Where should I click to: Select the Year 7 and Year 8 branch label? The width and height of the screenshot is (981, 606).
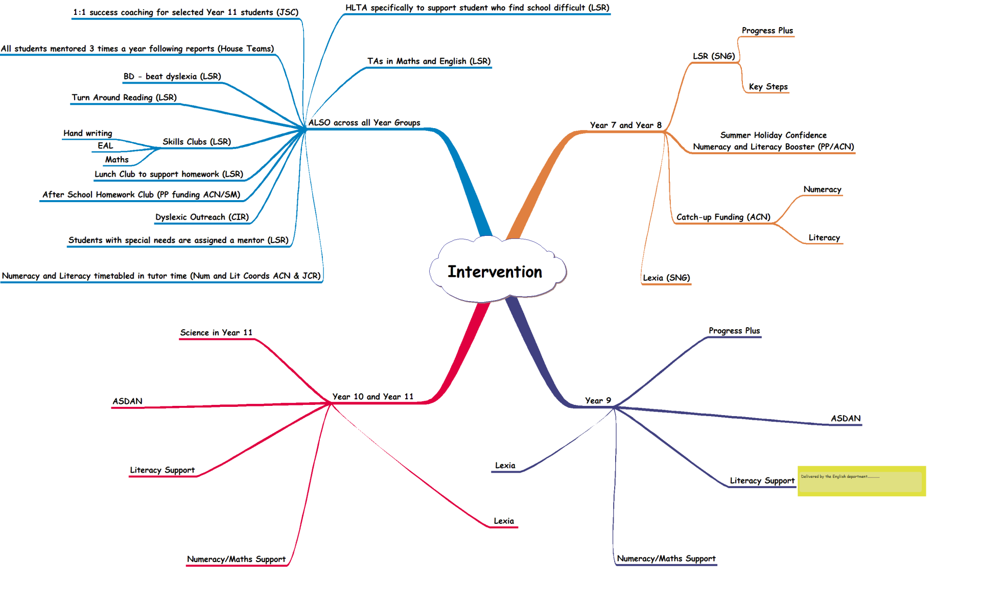coord(625,125)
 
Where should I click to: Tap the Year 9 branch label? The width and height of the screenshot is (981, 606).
coord(598,401)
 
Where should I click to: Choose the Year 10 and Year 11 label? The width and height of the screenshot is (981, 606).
coord(372,397)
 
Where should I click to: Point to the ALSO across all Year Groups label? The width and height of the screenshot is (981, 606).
coord(364,123)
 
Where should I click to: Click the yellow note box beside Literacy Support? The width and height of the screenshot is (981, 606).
coord(861,481)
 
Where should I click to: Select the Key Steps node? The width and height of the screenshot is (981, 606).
coord(768,87)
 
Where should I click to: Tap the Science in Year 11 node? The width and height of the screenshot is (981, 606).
coord(216,332)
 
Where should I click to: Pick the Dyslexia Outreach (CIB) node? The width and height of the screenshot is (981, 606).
coord(202,217)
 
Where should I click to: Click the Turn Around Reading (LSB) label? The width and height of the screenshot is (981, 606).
coord(124,98)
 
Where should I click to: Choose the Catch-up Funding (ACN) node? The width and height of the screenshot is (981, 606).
coord(723,217)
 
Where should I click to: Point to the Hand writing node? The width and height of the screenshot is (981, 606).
coord(87,133)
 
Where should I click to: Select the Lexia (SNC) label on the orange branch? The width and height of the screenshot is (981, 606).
coord(666,278)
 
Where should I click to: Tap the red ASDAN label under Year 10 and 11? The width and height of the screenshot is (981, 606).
coord(127,401)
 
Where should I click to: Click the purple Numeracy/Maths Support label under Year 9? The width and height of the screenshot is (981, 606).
coord(666,559)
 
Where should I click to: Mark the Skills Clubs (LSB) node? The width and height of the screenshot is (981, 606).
coord(197,141)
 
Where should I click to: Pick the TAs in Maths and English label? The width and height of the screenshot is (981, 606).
coord(429,61)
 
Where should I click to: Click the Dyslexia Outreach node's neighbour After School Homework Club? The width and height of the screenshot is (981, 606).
coord(141,195)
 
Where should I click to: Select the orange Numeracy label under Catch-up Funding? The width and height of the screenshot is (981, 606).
coord(822,189)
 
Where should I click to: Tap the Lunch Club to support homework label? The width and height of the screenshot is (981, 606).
coord(169,174)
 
